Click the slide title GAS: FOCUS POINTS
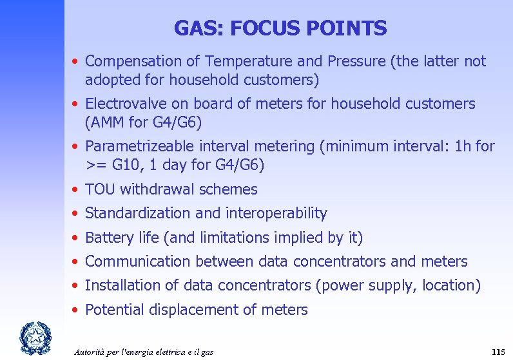tap(280, 28)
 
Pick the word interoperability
tap(277, 213)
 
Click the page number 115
tap(498, 352)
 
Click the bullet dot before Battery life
tap(76, 238)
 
